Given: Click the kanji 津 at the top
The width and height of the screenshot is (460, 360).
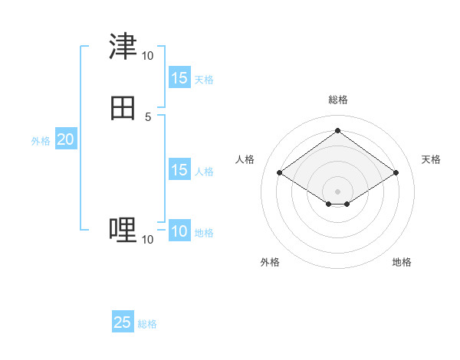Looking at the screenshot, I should [123, 47].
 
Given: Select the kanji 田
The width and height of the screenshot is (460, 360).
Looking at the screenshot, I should [123, 108].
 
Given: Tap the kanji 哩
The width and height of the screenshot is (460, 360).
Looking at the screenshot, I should [123, 230].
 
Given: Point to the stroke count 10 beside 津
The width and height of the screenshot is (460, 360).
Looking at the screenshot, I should [147, 55].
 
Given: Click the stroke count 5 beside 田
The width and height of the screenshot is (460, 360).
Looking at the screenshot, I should [148, 116].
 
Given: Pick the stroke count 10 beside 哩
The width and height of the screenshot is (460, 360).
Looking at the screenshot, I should [147, 240].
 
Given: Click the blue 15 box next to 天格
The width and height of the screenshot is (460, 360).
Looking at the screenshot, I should [179, 78].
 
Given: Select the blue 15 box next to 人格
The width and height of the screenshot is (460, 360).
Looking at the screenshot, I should [179, 170].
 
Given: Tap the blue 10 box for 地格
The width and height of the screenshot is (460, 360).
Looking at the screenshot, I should [179, 231].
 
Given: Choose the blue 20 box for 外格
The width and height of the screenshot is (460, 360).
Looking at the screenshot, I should [65, 139].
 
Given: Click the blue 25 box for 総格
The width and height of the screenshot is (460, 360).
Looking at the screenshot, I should [123, 322].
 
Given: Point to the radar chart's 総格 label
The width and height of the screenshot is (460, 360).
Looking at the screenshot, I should [338, 100].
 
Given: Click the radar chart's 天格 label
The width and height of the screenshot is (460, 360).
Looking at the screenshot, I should [431, 159].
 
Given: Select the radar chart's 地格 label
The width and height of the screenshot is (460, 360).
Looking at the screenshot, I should [402, 262].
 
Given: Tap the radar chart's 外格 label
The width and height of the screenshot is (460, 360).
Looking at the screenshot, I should [270, 262].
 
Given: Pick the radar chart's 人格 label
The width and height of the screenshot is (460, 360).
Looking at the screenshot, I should [245, 159].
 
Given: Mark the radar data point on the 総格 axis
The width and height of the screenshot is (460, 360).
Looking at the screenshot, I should [337, 130].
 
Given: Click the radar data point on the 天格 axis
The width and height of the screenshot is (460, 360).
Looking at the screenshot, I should [396, 173].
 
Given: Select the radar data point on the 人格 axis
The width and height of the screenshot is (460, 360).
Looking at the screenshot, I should [280, 173].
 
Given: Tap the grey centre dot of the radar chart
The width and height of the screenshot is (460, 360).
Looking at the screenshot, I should [337, 191].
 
